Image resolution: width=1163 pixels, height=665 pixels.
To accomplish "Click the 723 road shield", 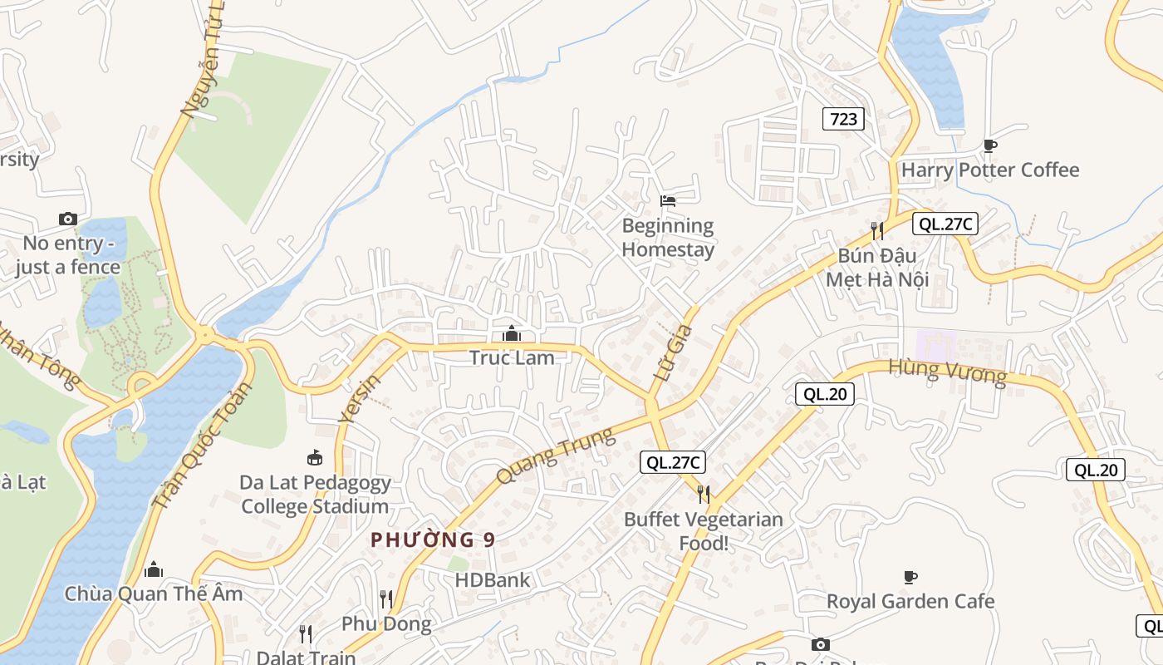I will (843, 119).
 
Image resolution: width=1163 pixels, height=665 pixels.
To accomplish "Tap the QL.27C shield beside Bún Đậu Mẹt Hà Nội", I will (945, 223).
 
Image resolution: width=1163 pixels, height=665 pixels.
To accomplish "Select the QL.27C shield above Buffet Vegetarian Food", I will (673, 463).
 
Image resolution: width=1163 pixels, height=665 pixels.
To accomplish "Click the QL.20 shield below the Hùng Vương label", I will (825, 394).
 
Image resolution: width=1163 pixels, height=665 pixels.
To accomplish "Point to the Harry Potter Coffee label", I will (990, 170).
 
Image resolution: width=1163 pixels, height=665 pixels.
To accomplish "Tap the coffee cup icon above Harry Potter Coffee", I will (989, 146).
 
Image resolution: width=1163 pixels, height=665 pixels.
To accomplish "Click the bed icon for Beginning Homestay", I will (667, 200).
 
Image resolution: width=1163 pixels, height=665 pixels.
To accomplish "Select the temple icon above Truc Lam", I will (511, 334).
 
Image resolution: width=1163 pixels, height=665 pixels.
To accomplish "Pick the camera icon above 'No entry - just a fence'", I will (68, 219).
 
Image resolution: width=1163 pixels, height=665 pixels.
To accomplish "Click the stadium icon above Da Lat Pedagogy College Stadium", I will (314, 457).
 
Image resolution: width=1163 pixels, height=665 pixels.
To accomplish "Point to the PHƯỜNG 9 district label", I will (433, 539).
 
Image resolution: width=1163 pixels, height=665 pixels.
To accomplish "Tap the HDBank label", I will (492, 579).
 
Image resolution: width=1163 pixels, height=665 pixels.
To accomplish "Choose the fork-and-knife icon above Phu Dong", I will (386, 598).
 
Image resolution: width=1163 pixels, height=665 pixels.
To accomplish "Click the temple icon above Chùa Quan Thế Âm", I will (154, 569).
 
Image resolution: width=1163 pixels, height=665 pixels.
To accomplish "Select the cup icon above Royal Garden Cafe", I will (910, 577).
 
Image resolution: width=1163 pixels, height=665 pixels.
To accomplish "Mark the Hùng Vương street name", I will (947, 372).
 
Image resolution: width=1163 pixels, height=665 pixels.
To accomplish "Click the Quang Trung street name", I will (555, 455).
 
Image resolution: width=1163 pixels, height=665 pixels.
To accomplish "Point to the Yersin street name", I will (360, 398).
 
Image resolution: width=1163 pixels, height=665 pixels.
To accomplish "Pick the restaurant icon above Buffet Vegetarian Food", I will (704, 495).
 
